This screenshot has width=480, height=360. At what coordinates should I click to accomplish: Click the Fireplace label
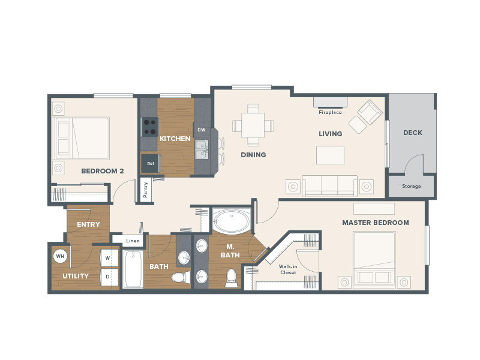coord(330,112)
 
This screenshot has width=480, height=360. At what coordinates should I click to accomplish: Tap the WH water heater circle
coord(60,256)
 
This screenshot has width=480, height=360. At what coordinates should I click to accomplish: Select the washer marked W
coord(109,258)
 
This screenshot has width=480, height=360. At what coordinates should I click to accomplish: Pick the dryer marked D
coord(109,277)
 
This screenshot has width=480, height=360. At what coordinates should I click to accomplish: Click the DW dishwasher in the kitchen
coord(202,130)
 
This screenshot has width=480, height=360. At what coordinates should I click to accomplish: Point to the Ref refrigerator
coord(151,163)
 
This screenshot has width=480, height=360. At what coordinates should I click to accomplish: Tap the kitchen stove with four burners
coord(149,127)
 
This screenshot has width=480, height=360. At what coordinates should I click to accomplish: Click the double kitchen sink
coord(202,149)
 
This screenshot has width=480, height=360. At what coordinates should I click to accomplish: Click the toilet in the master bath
coord(231,278)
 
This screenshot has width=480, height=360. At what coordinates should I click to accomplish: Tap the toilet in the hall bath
coord(180,278)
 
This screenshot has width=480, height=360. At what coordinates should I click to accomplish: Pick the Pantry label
coord(145,190)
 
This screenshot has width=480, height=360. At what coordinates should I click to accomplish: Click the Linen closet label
coord(133,241)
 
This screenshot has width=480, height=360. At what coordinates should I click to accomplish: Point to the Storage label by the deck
coord(412,186)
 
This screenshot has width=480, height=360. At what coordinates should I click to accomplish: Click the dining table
coord(253,125)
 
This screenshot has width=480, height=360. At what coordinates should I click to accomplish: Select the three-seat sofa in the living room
coord(329,185)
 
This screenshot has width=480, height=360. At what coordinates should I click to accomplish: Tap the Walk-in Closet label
coord(288,269)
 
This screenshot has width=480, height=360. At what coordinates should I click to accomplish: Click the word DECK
coord(413,133)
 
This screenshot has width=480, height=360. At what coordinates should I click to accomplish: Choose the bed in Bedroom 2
coord(81,138)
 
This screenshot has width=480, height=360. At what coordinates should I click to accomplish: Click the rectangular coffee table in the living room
coord(330,155)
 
